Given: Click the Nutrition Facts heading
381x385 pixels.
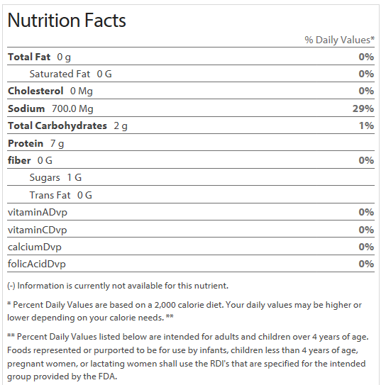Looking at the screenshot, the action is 67,20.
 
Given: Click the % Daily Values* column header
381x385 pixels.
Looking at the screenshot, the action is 339,40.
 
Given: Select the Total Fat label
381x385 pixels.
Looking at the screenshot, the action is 29,57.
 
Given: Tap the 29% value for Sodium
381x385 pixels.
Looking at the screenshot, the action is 363,108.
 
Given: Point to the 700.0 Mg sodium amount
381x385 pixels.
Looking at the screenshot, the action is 72,108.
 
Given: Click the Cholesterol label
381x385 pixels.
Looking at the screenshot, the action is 35,91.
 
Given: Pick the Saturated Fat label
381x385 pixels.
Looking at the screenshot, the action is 60,74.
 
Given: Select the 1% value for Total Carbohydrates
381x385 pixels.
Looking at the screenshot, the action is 367,125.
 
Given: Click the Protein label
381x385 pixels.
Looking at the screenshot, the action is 26,143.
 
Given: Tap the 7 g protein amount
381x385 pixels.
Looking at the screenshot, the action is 57,144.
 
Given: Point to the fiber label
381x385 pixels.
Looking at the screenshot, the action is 19,160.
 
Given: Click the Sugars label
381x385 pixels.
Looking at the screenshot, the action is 45,177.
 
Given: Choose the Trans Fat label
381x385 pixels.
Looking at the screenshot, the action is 50,195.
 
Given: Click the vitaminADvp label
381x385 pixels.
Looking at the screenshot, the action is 38,213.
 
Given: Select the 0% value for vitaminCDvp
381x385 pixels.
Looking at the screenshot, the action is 366,230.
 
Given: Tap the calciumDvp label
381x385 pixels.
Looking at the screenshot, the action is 34,247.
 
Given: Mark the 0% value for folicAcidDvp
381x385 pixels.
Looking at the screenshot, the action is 366,264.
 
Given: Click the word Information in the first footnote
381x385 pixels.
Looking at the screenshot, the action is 40,286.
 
